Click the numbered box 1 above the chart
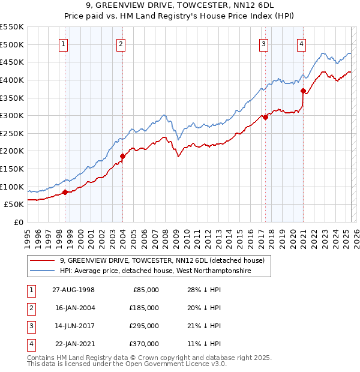[64, 43]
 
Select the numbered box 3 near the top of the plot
[263, 43]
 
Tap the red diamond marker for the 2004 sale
[122, 156]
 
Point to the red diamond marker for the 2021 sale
[303, 91]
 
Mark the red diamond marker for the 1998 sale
[65, 192]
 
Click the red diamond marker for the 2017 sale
[265, 118]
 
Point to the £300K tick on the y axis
[12, 115]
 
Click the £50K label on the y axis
[14, 204]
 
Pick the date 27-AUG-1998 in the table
[73, 290]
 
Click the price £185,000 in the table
[143, 308]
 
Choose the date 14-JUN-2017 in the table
[73, 326]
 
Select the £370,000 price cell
[143, 344]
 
